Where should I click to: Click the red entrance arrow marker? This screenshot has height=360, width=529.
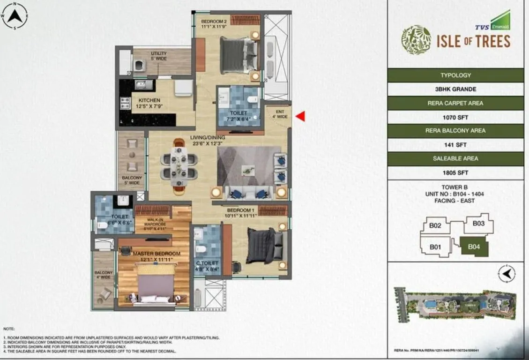click(300, 116)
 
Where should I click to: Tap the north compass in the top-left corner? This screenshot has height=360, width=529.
click(15, 16)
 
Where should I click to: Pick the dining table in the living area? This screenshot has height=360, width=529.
click(179, 166)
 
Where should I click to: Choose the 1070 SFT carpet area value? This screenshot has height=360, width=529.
click(455, 117)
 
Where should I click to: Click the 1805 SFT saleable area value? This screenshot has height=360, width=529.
click(455, 172)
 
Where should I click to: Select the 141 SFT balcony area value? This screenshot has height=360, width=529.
click(455, 145)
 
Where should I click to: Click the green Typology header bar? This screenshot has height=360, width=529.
click(455, 75)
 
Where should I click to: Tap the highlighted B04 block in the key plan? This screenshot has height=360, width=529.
click(474, 246)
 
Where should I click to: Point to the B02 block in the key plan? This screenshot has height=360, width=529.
click(435, 225)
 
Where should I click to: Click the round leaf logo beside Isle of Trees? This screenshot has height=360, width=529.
click(416, 38)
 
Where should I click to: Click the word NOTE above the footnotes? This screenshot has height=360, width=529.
click(9, 329)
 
